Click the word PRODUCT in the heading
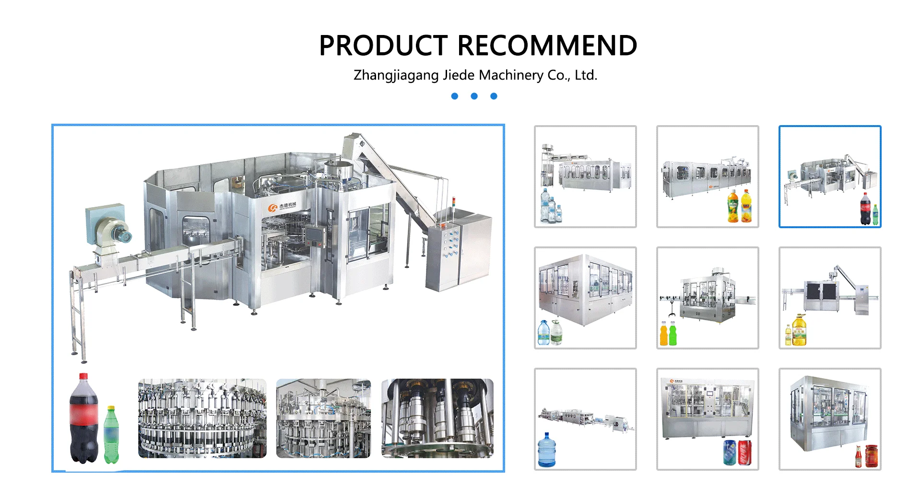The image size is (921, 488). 383,46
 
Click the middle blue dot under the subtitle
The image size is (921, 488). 474,96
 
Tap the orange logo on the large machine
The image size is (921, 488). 272,207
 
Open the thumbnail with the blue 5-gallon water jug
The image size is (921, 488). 585,419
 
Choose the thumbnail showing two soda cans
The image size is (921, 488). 708,419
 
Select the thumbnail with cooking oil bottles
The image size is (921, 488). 830,298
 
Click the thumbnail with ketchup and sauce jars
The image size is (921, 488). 830,419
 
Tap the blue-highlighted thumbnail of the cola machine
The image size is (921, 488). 830,176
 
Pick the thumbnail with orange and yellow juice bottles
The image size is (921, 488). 708,176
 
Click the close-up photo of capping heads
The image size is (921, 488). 437,418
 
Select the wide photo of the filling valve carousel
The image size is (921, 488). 202,418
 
